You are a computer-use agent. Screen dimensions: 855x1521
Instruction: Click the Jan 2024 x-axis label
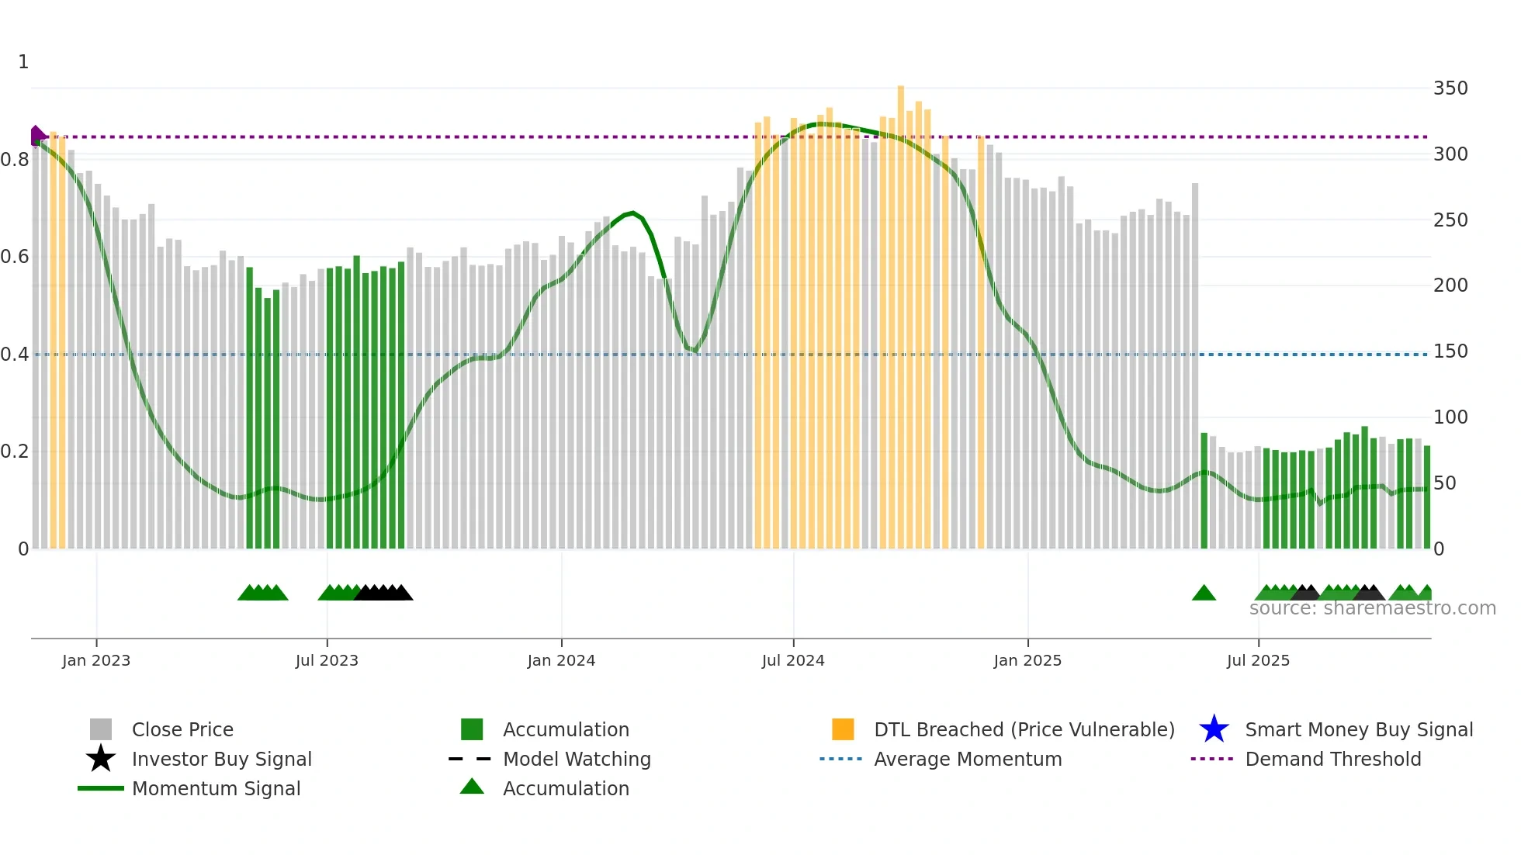[x=561, y=660]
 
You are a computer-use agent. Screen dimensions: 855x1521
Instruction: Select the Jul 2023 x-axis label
[x=327, y=660]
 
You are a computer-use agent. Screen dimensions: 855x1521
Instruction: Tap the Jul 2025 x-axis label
[x=1258, y=660]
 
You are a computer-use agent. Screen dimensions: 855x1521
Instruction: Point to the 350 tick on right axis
[x=1450, y=88]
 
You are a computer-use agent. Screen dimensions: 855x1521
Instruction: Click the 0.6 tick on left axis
[x=15, y=257]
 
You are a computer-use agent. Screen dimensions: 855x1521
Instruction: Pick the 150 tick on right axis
[x=1450, y=351]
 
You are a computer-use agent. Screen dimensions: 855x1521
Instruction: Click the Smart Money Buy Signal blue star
[x=1214, y=729]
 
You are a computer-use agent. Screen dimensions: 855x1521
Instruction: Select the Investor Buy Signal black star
[x=101, y=759]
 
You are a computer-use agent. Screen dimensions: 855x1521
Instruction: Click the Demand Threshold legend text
[x=1332, y=759]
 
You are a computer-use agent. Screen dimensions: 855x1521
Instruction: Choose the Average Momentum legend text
[x=968, y=759]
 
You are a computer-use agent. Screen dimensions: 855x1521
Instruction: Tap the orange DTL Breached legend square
[x=843, y=729]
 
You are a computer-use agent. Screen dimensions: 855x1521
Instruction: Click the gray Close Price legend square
[x=101, y=729]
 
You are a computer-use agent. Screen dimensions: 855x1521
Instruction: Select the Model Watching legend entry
[x=577, y=759]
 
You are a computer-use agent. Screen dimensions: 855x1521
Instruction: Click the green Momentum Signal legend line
[x=101, y=788]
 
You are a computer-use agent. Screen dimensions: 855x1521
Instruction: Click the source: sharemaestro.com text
[x=1372, y=608]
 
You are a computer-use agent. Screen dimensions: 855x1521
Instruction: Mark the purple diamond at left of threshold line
[x=36, y=136]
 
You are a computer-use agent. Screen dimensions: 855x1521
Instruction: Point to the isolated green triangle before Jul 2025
[x=1204, y=594]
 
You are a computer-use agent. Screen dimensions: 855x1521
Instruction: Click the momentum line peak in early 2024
[x=632, y=212]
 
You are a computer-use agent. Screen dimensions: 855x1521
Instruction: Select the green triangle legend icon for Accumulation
[x=472, y=787]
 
